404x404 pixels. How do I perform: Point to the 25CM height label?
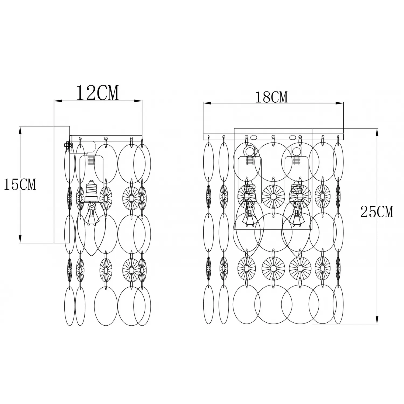pos(377,212)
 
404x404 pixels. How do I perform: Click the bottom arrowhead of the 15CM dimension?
pos(20,239)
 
